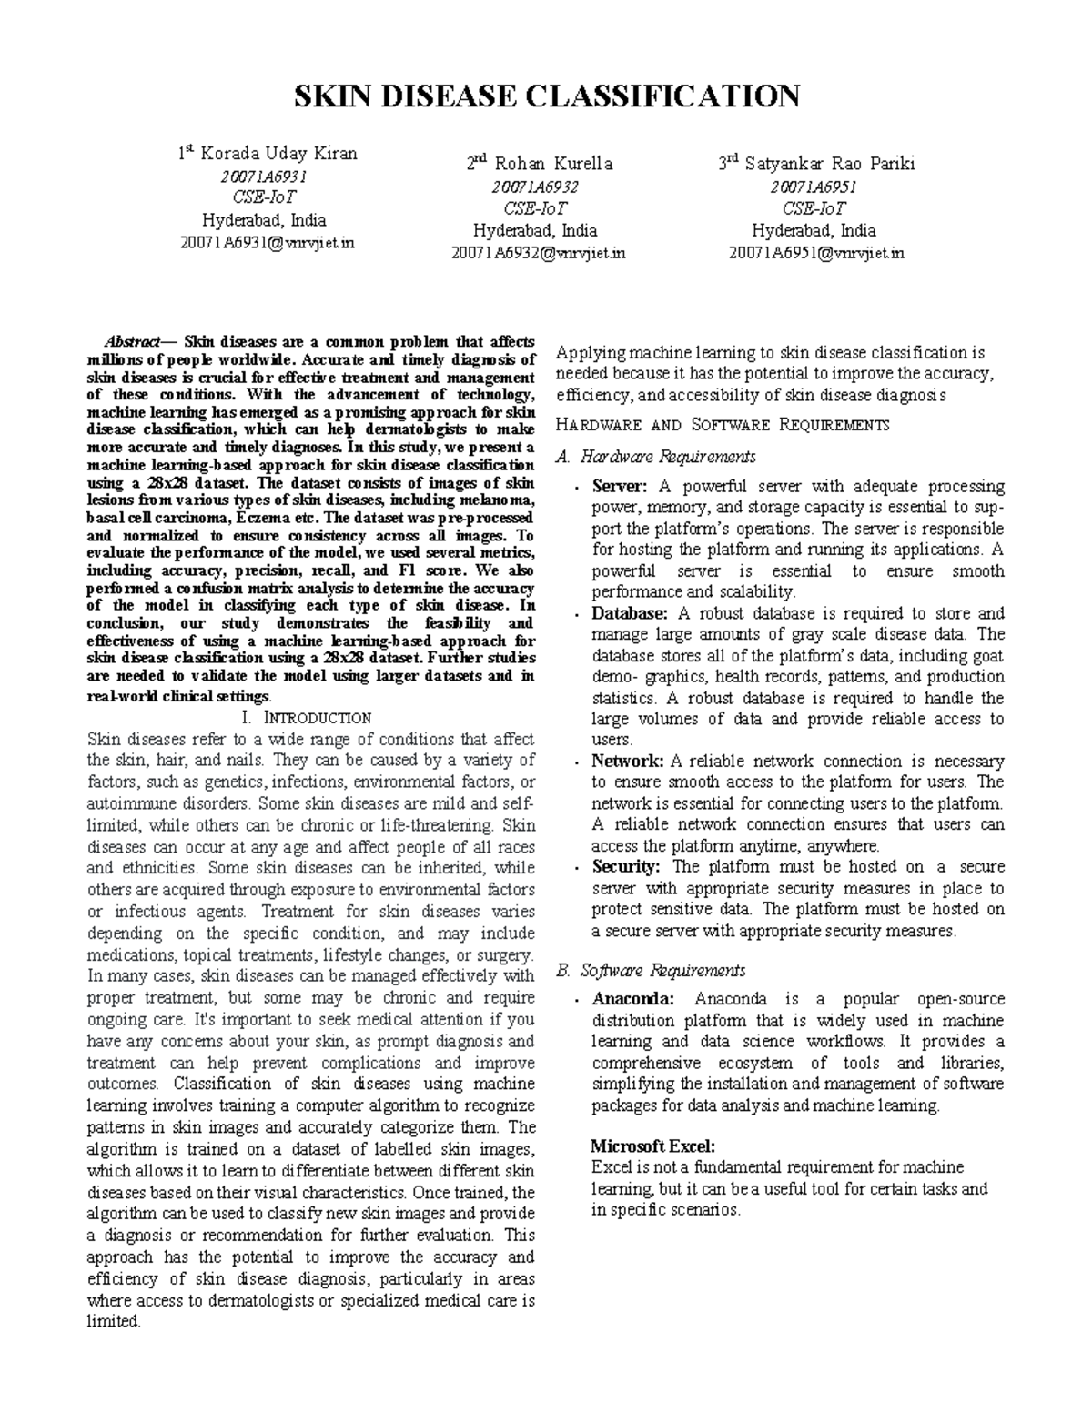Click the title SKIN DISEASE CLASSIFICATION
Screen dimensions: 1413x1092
pos(545,96)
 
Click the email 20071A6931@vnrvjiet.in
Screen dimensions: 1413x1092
pos(267,243)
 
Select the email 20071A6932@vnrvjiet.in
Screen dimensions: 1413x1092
pos(539,253)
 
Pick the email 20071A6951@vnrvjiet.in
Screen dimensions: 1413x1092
pos(816,253)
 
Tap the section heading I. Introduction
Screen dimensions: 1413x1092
pos(309,718)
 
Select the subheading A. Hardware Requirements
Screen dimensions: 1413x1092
pos(655,457)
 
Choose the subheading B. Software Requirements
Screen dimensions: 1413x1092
pos(651,970)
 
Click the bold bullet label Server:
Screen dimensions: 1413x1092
pos(620,487)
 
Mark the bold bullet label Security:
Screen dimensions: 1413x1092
pos(626,867)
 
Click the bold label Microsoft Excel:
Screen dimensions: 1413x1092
pos(652,1146)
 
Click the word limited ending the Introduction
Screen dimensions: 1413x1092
pos(114,1322)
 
